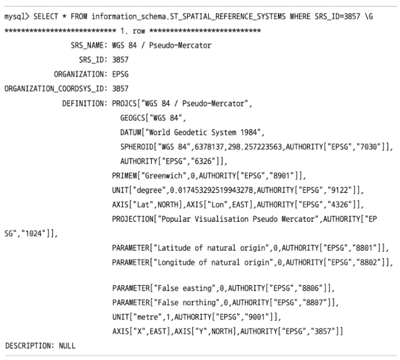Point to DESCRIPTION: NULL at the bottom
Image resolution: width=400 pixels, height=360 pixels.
[40, 346]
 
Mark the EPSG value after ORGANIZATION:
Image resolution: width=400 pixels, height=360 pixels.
[121, 74]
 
